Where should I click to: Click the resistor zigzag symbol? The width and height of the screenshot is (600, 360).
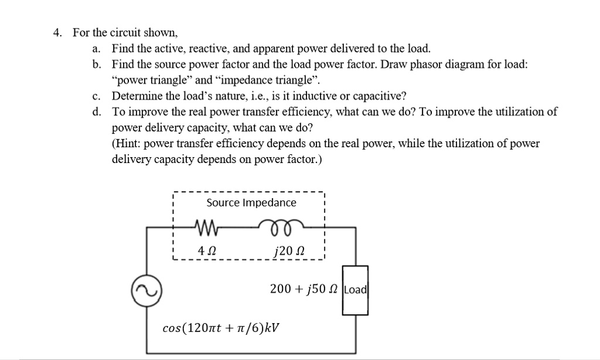206,225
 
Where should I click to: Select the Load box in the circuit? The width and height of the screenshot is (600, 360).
356,290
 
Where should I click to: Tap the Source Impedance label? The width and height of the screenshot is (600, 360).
251,203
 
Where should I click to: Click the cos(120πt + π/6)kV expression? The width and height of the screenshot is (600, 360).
220,327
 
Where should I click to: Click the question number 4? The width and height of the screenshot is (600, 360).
57,32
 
